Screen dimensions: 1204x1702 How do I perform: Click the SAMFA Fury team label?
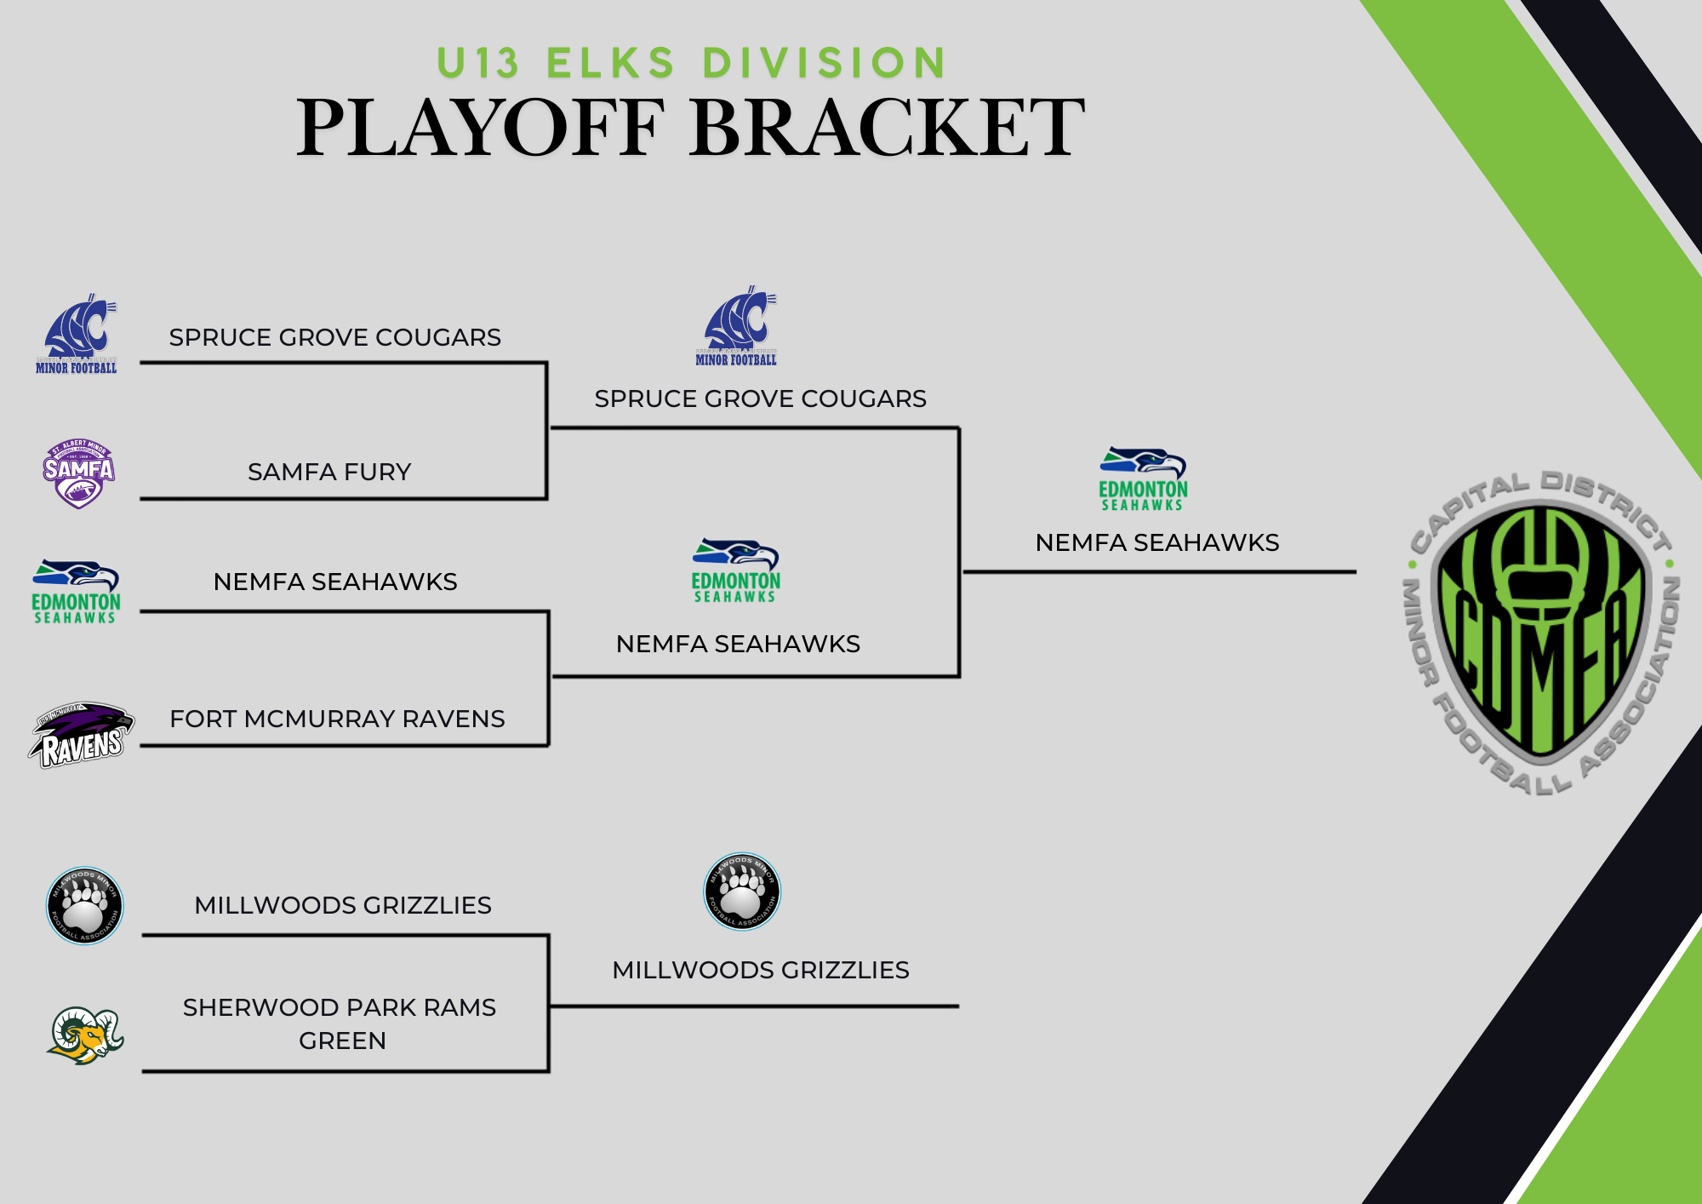pyautogui.click(x=329, y=472)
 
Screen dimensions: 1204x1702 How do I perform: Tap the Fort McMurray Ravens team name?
pyautogui.click(x=337, y=719)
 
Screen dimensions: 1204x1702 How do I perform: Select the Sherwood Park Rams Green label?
pyautogui.click(x=340, y=1023)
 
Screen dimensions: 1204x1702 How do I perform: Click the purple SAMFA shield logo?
pyautogui.click(x=78, y=473)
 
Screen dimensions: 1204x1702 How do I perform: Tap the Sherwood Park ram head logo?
pyautogui.click(x=85, y=1035)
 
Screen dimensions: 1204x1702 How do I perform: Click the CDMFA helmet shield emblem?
pyautogui.click(x=1542, y=632)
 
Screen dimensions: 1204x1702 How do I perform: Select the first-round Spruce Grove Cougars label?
pyautogui.click(x=334, y=337)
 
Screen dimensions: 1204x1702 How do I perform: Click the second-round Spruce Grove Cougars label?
pyautogui.click(x=760, y=398)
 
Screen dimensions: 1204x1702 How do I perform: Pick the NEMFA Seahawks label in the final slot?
pyautogui.click(x=1157, y=542)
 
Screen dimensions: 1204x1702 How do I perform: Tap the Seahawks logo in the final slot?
pyautogui.click(x=1143, y=479)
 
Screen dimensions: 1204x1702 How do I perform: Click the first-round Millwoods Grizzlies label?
pyautogui.click(x=343, y=905)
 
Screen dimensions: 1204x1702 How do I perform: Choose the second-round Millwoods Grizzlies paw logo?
pyautogui.click(x=742, y=892)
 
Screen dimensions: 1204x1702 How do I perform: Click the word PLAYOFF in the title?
pyautogui.click(x=479, y=128)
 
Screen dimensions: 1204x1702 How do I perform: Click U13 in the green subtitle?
pyautogui.click(x=477, y=63)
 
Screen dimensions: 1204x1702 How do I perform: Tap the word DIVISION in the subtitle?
pyautogui.click(x=824, y=63)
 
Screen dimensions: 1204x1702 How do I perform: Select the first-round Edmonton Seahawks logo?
pyautogui.click(x=76, y=592)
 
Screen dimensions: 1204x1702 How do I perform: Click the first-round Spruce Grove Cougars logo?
pyautogui.click(x=77, y=335)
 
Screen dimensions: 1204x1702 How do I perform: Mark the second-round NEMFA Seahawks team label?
pyautogui.click(x=738, y=644)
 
